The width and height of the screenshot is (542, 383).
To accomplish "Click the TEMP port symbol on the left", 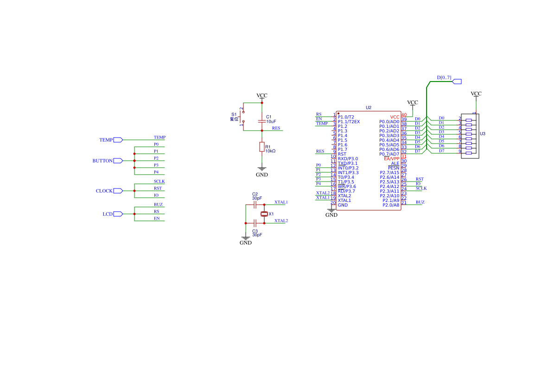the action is tap(118, 140).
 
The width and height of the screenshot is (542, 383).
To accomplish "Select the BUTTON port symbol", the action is tap(118, 161).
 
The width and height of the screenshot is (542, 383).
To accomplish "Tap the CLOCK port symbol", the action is tap(118, 191).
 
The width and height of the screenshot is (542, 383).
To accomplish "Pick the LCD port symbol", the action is tap(118, 214).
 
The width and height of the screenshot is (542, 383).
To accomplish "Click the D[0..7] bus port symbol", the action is tap(457, 82).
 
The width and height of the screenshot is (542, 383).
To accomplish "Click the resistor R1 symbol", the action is tap(262, 147).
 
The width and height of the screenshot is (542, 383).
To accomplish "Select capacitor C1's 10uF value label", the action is tap(271, 121).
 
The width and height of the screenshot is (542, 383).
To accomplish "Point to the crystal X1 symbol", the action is tap(264, 214).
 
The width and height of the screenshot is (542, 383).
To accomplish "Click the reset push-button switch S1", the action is tap(242, 117).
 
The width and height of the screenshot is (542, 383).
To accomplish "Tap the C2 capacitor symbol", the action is tap(255, 205).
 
